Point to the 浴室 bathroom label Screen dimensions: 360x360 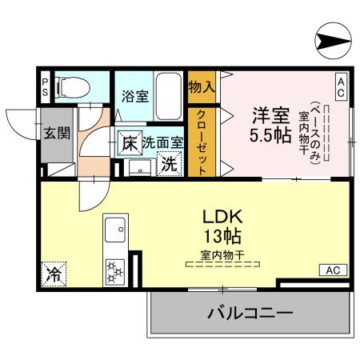pyautogui.click(x=134, y=96)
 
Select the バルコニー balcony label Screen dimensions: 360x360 pyautogui.click(x=250, y=313)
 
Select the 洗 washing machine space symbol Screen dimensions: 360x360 pyautogui.click(x=169, y=164)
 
